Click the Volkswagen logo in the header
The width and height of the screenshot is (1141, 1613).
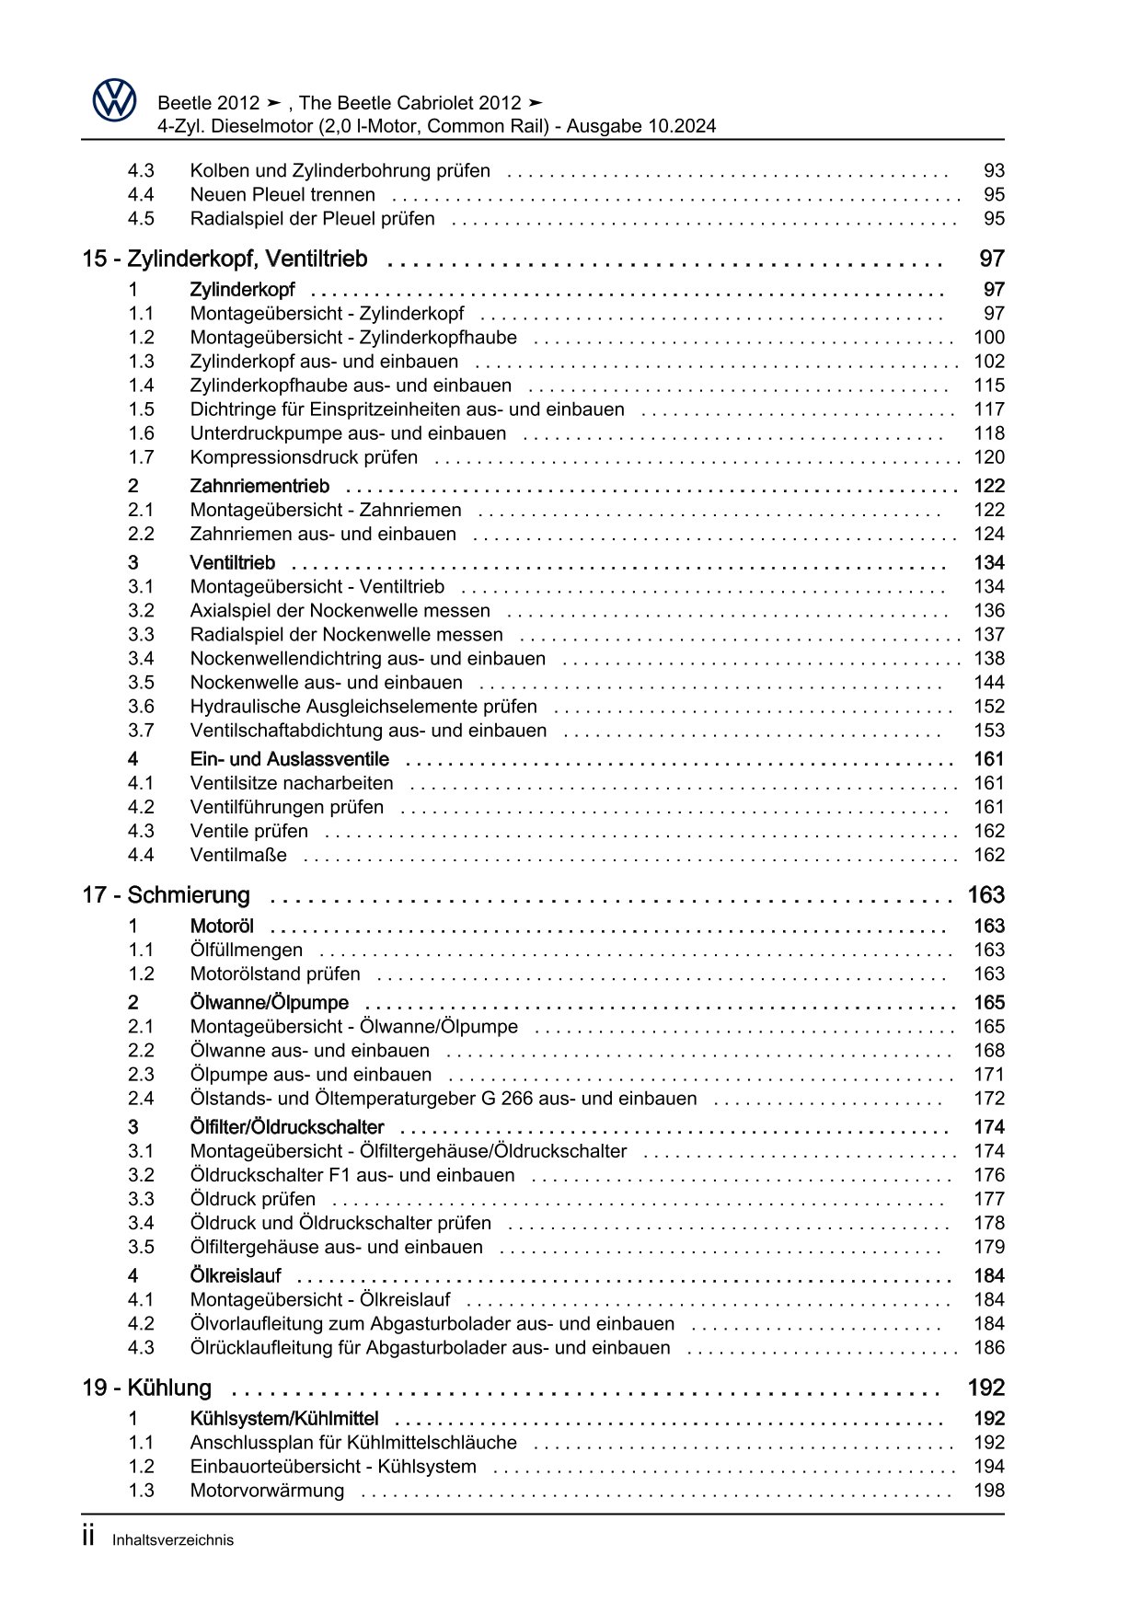click(114, 99)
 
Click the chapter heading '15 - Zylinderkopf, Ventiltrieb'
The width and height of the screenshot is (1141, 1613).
click(225, 259)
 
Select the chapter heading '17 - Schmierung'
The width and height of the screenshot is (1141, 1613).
click(166, 895)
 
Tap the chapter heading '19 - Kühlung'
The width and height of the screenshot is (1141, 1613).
click(146, 1388)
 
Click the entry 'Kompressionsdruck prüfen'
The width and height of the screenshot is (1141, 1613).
click(304, 457)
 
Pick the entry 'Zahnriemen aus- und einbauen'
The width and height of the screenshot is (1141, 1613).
click(323, 534)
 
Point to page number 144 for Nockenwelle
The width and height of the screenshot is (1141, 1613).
click(988, 683)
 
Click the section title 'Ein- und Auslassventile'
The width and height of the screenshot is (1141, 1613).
click(289, 759)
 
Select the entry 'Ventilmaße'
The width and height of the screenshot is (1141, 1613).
click(238, 855)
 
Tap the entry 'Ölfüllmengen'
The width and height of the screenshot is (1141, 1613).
click(246, 950)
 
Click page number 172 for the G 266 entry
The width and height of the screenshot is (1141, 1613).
click(988, 1098)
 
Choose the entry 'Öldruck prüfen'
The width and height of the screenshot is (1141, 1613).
click(252, 1199)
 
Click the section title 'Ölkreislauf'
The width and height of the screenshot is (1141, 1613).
click(235, 1276)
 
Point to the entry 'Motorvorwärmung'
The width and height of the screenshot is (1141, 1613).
click(267, 1491)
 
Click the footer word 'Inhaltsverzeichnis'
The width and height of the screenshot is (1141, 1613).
click(173, 1540)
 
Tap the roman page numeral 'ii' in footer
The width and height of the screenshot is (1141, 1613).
click(88, 1537)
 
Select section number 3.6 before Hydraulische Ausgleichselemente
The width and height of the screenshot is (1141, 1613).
click(141, 707)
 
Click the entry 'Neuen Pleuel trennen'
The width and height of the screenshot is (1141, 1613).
click(282, 194)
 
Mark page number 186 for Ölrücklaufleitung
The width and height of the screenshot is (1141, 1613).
click(988, 1347)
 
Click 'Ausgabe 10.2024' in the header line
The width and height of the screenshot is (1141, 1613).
click(640, 126)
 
